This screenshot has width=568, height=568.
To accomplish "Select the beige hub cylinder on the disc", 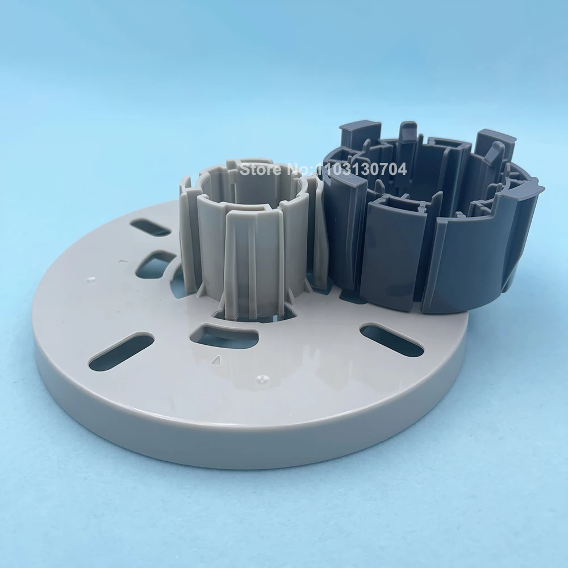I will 250,244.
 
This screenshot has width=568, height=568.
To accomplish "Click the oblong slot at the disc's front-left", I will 121,349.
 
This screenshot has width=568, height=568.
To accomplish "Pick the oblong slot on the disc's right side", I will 391,339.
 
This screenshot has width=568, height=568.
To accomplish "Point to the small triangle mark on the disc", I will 215,360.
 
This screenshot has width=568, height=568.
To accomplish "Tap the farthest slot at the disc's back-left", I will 150,228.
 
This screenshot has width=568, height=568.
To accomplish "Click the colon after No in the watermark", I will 311,169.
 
